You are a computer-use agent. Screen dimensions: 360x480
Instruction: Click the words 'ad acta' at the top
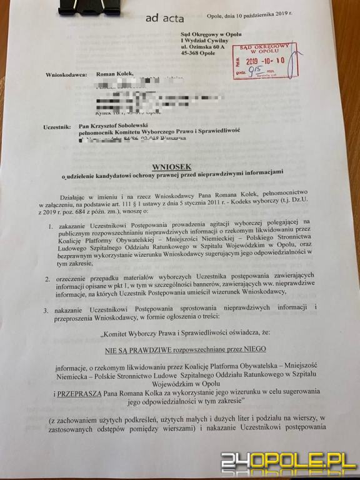pyautogui.click(x=164, y=18)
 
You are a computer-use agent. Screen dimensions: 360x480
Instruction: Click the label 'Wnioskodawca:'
pyautogui.click(x=66, y=74)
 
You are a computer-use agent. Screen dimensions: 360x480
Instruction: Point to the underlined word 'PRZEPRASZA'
pyautogui.click(x=92, y=396)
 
